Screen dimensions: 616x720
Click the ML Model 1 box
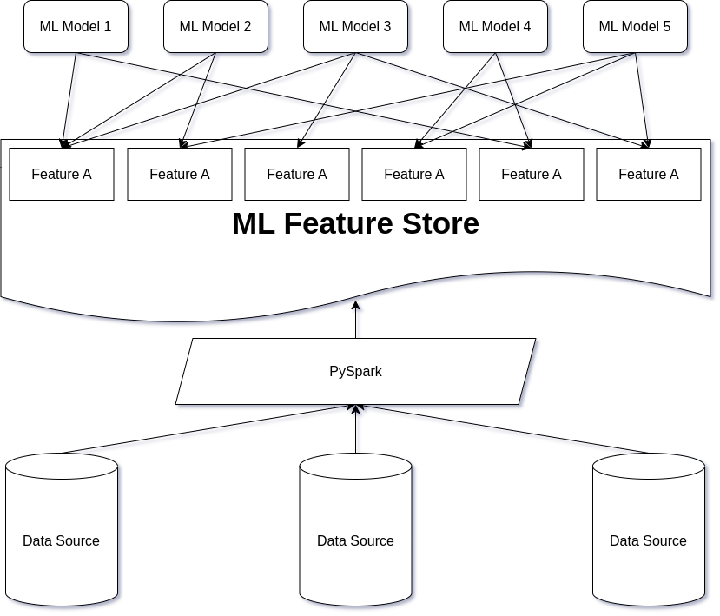(x=76, y=27)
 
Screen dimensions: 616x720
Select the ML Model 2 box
(x=215, y=27)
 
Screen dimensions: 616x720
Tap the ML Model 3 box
(x=355, y=27)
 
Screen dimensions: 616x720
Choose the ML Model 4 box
(x=495, y=27)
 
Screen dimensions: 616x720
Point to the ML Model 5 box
(x=635, y=27)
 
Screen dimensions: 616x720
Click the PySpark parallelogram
(x=355, y=372)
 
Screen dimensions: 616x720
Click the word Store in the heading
(x=439, y=224)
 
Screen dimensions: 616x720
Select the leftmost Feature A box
(x=62, y=175)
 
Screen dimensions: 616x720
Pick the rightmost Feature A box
(x=649, y=175)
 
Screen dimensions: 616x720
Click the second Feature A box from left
(x=180, y=175)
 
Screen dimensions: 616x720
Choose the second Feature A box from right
(x=532, y=175)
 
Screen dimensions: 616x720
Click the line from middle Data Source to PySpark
(x=357, y=430)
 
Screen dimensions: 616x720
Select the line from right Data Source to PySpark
(x=504, y=430)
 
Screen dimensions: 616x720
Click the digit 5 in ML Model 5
(x=666, y=27)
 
